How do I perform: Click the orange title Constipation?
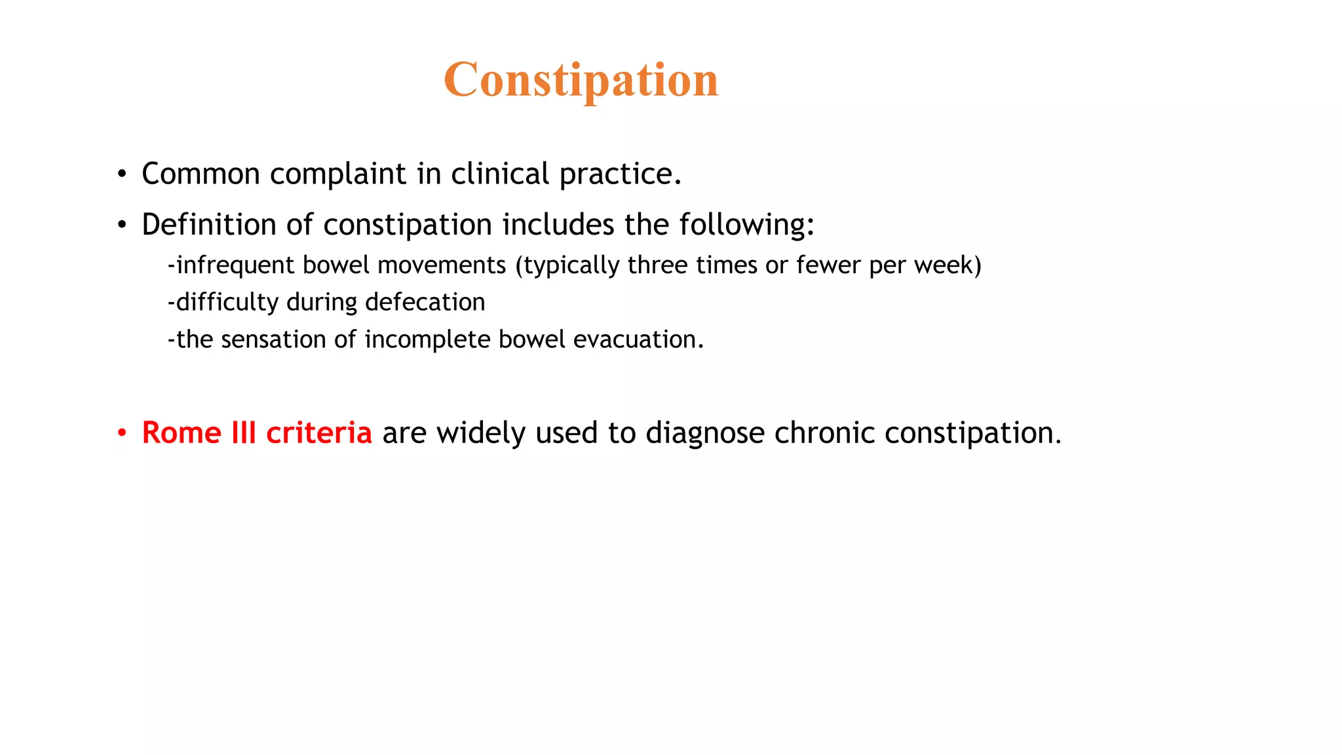click(581, 80)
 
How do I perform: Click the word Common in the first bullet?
click(201, 174)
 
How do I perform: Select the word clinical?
click(499, 174)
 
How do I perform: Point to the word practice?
click(619, 174)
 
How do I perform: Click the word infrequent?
click(235, 265)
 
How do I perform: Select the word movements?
click(442, 265)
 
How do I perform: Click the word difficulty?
click(227, 302)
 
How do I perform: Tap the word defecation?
click(425, 302)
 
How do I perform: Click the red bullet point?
click(122, 433)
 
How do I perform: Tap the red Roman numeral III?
click(243, 433)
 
